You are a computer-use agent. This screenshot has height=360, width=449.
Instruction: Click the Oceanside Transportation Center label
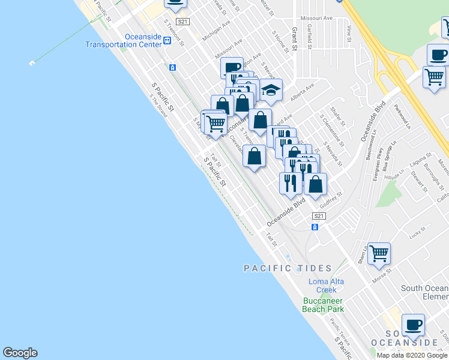(x=123, y=40)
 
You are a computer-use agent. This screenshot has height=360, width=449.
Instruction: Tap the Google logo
(x=20, y=353)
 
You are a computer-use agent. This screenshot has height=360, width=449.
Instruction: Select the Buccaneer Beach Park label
(x=323, y=304)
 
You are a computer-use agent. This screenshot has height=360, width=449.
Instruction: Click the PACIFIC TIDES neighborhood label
(x=288, y=268)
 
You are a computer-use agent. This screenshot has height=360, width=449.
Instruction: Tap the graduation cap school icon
(x=271, y=91)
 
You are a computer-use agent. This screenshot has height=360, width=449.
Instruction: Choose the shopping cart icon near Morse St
(x=379, y=253)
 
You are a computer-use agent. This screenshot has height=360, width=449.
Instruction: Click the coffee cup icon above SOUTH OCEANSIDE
(x=413, y=325)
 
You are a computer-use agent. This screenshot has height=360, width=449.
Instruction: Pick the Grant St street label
(x=295, y=39)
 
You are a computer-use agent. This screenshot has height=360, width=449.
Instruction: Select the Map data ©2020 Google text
(x=412, y=355)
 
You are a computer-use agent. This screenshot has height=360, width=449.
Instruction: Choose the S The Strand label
(x=158, y=106)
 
